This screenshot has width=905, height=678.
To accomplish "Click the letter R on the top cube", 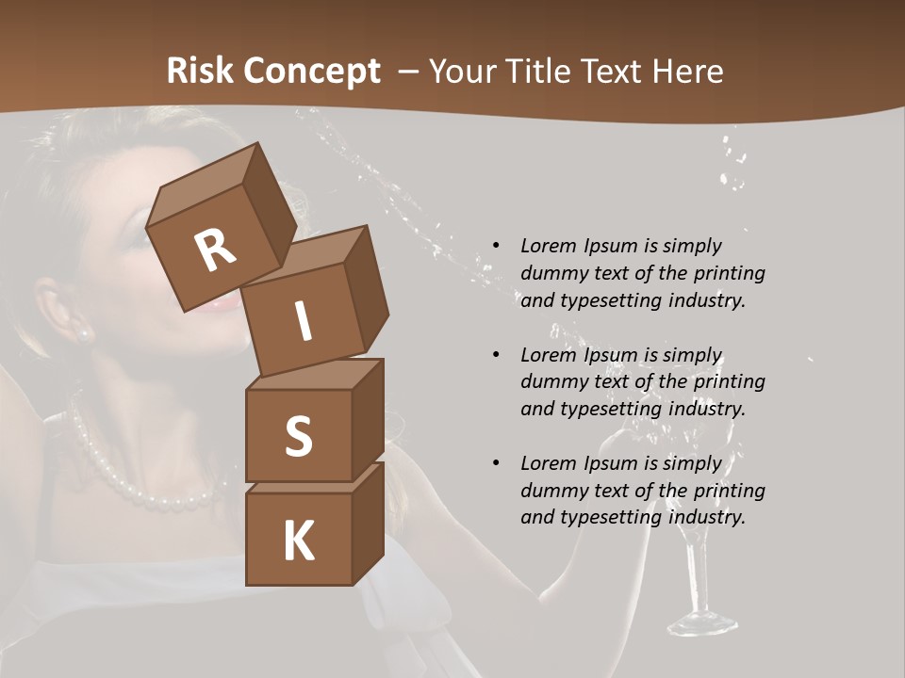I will tap(215, 250).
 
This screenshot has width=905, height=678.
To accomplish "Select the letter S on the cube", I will tap(298, 437).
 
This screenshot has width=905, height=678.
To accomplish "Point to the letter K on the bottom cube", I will tap(298, 541).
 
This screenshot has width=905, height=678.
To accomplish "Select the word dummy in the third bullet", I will tap(551, 491).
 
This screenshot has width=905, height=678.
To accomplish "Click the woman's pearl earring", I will tap(83, 333).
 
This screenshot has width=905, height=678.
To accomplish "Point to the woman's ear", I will tap(62, 306).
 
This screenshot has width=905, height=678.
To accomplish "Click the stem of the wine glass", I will tap(699, 574).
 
